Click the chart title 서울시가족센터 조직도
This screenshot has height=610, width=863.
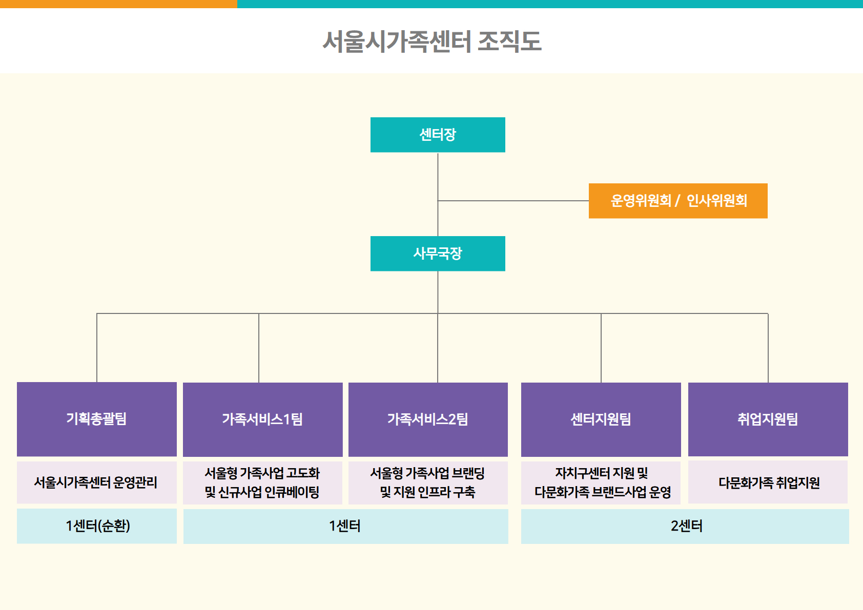point(431,41)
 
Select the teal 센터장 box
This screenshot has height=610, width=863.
point(438,135)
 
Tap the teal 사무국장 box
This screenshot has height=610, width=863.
point(438,254)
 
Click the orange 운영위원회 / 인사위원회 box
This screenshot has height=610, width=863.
point(678,201)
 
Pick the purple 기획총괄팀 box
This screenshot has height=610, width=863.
point(96,419)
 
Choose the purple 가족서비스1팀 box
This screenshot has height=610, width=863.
point(262,419)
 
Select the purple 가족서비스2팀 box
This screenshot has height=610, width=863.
point(428,419)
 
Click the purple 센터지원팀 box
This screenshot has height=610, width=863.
point(601,419)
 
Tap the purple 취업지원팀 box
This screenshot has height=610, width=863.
point(768,419)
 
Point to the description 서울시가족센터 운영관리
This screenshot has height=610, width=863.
point(96,482)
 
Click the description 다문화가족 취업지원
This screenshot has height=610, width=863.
point(769,482)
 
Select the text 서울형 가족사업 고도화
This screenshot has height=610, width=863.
point(262,473)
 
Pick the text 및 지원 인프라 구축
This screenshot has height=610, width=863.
point(427,492)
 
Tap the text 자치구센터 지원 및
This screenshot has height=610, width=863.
point(602,473)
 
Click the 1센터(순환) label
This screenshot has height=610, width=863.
point(97,526)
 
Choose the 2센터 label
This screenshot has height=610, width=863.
point(686,526)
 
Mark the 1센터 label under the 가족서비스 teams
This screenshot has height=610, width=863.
point(345,526)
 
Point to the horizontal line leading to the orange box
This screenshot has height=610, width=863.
point(512,201)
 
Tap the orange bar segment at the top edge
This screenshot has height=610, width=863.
point(118,4)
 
